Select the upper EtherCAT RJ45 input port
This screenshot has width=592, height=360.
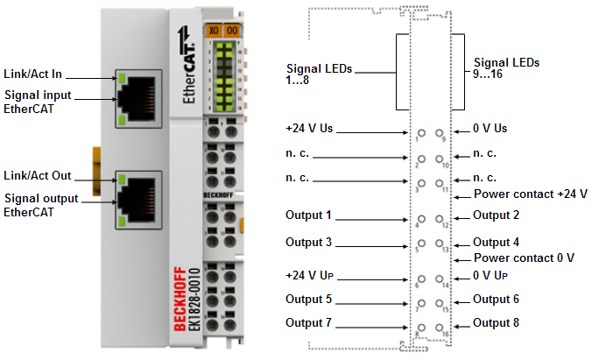click(141, 101)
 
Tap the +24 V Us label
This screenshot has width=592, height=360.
click(308, 129)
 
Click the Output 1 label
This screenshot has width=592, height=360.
click(309, 215)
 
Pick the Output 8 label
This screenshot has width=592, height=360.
click(496, 322)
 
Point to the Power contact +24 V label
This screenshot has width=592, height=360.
click(530, 194)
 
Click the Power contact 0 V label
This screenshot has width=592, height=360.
click(524, 258)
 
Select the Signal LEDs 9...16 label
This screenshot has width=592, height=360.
click(506, 69)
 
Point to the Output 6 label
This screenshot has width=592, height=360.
click(496, 299)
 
